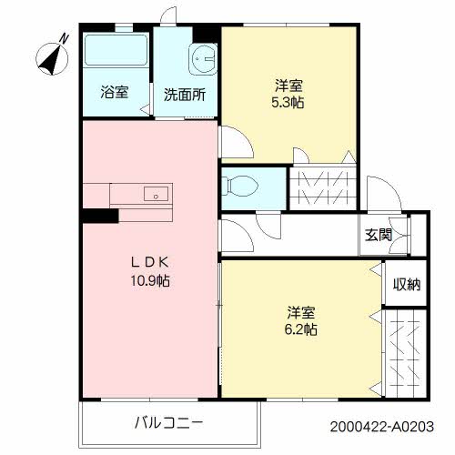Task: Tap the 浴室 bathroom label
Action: tap(114, 94)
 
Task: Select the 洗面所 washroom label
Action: tap(184, 94)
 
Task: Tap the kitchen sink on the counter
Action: tap(157, 194)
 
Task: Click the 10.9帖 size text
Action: tap(150, 281)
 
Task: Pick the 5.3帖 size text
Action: tap(288, 103)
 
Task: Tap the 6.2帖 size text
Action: tap(300, 329)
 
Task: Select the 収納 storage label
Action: tap(406, 285)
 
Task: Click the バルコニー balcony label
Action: tap(168, 422)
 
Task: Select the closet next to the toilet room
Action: tap(322, 186)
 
